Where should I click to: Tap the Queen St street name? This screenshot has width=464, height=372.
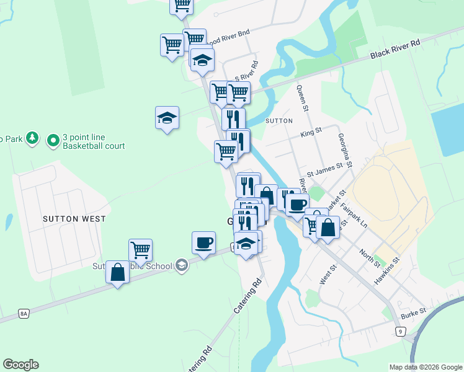pyautogui.click(x=303, y=98)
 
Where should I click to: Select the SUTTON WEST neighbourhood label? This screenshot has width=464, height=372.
pyautogui.click(x=74, y=219)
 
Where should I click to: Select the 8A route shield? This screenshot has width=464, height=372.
pyautogui.click(x=24, y=314)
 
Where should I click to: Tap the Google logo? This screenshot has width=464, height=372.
pyautogui.click(x=20, y=365)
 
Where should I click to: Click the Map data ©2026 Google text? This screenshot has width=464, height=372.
pyautogui.click(x=425, y=367)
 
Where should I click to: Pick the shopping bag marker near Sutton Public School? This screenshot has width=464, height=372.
pyautogui.click(x=117, y=272)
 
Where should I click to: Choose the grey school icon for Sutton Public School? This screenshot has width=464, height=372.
pyautogui.click(x=182, y=265)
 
